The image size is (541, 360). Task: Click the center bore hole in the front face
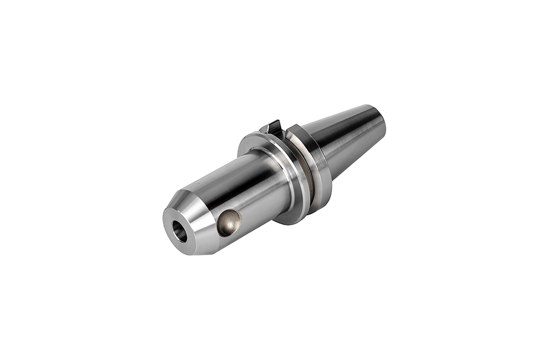coord(180,232)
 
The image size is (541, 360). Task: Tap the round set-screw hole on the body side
coord(228,222)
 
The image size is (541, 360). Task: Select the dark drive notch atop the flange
coord(274,128)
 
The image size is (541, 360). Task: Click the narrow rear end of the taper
coord(379,122)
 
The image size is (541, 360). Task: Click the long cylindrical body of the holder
coord(243,184)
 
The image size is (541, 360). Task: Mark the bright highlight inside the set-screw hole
coord(232,219)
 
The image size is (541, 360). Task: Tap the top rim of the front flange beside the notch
coord(254,135)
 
